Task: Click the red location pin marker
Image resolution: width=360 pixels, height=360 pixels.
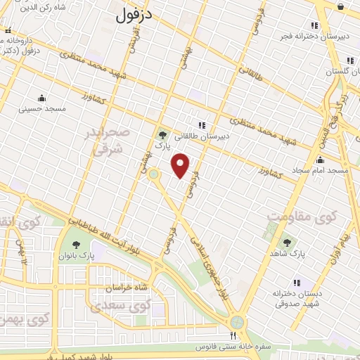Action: click(x=181, y=165)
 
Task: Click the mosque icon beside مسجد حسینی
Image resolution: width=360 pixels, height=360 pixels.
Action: click(x=41, y=98)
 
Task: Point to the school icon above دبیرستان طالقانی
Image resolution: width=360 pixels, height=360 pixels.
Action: click(x=202, y=125)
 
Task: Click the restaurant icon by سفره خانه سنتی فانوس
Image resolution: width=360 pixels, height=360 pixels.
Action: click(x=233, y=335)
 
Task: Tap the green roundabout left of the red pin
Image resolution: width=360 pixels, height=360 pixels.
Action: click(x=154, y=174)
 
